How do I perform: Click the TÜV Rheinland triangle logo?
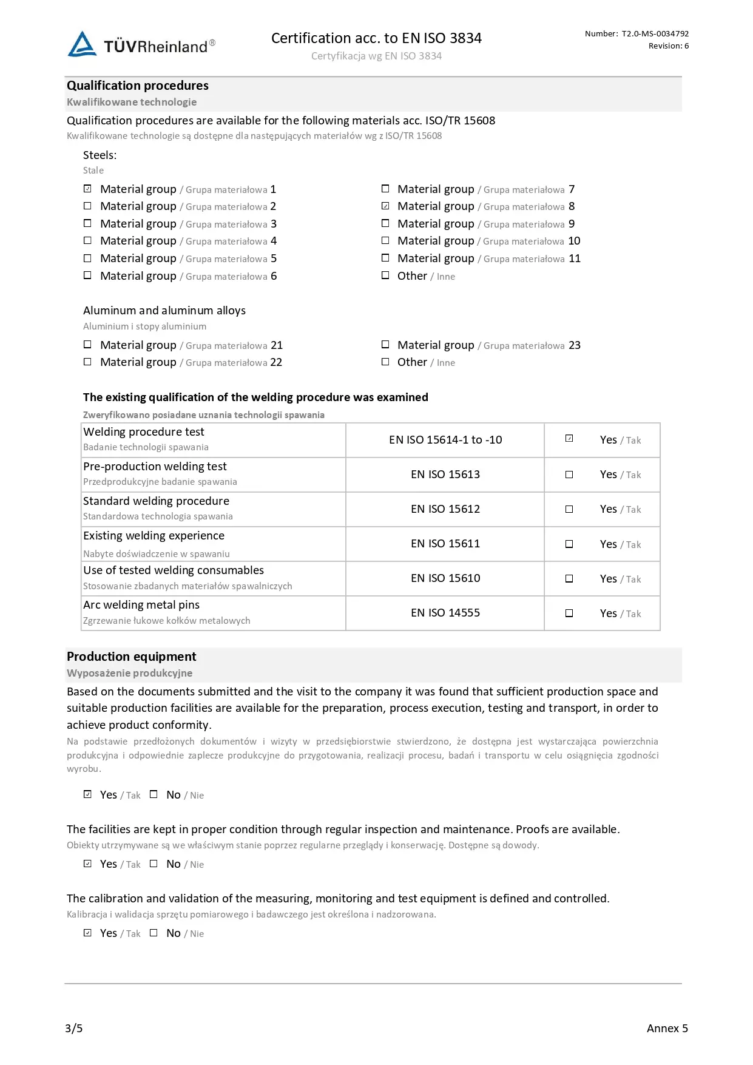pos(82,44)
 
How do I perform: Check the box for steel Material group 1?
pos(87,189)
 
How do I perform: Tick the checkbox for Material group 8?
pos(385,206)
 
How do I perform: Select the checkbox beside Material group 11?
pos(385,258)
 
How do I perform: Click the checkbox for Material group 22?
pos(87,362)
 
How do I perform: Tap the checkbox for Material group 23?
pos(385,345)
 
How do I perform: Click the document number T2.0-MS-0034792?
pos(655,34)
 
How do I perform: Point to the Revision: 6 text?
pos(668,46)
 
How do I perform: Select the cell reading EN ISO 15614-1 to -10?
pos(445,440)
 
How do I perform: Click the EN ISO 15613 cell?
pos(445,475)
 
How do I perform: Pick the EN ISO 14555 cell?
pos(445,613)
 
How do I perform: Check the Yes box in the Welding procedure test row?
pos(569,439)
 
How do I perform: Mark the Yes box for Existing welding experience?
pos(569,544)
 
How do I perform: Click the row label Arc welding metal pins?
pos(141,605)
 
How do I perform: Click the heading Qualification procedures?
pos(138,86)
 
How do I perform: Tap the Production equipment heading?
pos(132,657)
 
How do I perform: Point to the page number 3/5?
pos(74,1028)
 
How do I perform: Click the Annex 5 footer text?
pos(667,1028)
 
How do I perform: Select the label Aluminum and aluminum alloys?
pos(164,311)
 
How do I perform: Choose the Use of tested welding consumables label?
pos(174,570)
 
